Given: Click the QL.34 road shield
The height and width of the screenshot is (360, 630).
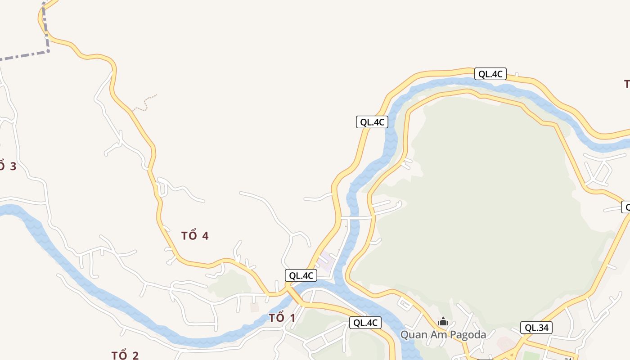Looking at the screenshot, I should click(x=536, y=328).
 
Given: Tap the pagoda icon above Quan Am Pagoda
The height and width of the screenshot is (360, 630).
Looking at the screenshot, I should click(x=443, y=321).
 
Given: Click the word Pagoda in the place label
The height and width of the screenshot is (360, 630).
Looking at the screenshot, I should click(x=468, y=335).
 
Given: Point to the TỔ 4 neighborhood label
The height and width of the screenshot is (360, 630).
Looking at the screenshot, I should click(x=195, y=235).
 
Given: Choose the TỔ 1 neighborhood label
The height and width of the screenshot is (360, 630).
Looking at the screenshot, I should click(x=282, y=318).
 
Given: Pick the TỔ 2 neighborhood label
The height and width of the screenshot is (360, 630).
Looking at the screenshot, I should click(x=125, y=355).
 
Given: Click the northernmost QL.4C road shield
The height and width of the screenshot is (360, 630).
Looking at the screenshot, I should click(x=490, y=74).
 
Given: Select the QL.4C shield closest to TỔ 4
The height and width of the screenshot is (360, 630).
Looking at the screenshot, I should click(x=301, y=275).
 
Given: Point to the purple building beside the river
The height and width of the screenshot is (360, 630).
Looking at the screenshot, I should click(x=325, y=261).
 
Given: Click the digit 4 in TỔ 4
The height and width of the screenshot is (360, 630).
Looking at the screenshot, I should click(x=205, y=235).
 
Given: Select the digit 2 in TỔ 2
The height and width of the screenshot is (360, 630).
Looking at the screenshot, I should click(x=135, y=355).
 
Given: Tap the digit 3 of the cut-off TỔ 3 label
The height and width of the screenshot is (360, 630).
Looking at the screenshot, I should click(x=13, y=166).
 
